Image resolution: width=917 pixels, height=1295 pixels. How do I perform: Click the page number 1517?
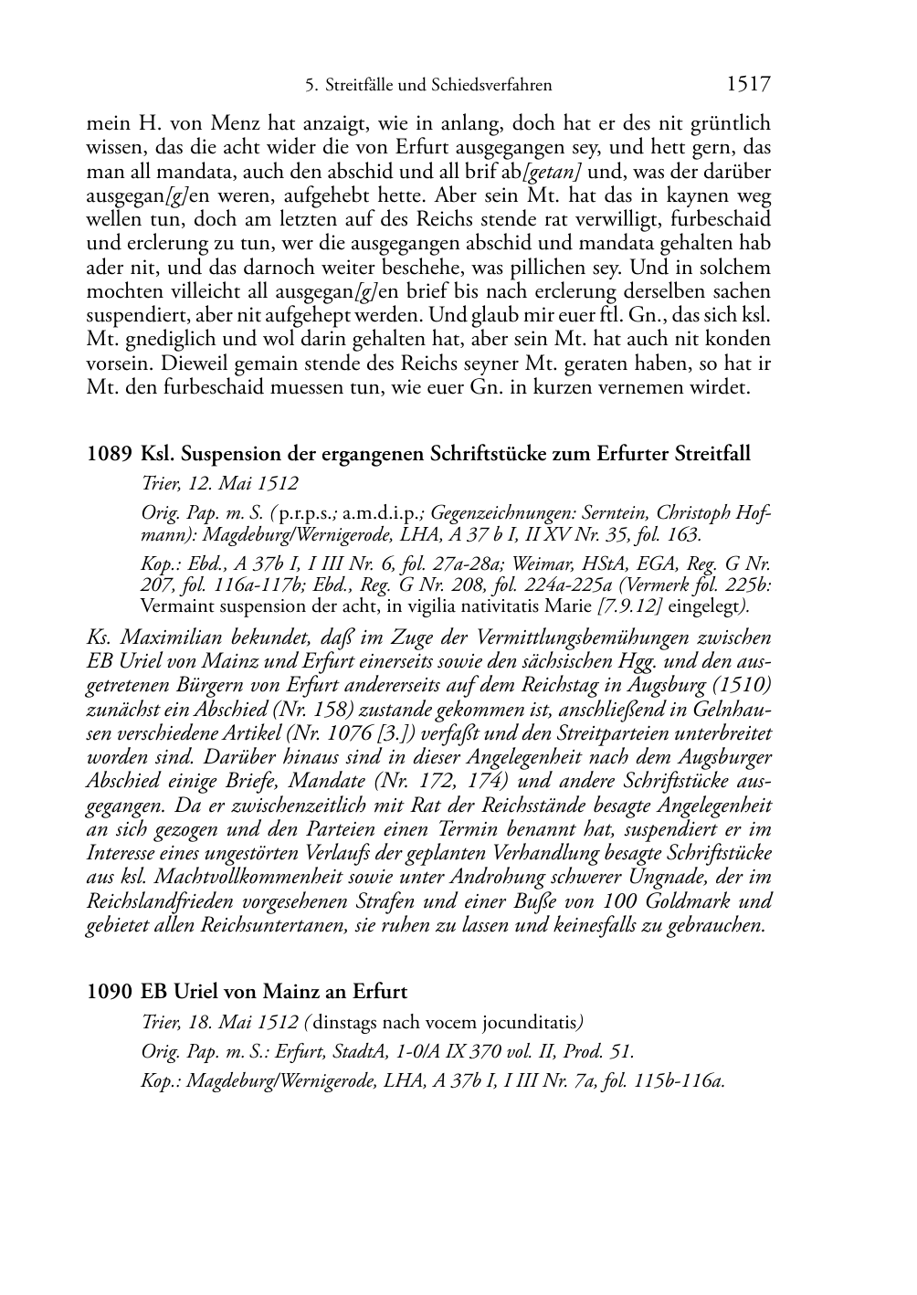point(748,85)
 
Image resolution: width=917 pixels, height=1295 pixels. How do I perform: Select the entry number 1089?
point(109,454)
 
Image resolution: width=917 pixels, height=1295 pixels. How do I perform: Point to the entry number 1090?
point(109,991)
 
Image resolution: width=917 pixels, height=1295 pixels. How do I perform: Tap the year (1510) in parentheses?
point(736,685)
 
